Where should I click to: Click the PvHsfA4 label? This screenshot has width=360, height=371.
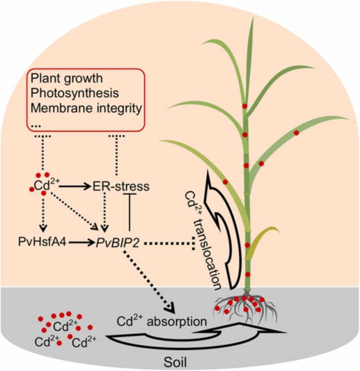pos(42,242)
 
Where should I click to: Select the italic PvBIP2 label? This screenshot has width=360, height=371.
pos(117,243)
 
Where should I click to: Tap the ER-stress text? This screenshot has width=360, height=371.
pos(121,186)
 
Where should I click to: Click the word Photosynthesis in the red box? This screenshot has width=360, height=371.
pos(75,94)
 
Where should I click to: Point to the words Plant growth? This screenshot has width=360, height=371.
pos(67,79)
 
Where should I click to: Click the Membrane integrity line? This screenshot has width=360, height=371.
pos(86,108)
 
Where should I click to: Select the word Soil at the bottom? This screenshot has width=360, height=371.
pos(175,362)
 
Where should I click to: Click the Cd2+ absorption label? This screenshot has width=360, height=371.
pos(162,321)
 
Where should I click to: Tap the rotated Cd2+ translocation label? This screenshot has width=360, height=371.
pos(202,240)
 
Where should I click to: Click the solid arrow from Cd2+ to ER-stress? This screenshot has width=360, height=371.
pos(75,186)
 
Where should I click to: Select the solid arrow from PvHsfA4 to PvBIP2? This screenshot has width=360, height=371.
pos(81,242)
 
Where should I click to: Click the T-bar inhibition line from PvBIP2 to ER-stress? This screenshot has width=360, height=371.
pos(130,211)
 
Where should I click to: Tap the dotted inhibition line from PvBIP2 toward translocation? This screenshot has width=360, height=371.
pos(169,243)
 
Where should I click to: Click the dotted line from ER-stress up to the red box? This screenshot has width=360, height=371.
pos(116,155)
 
